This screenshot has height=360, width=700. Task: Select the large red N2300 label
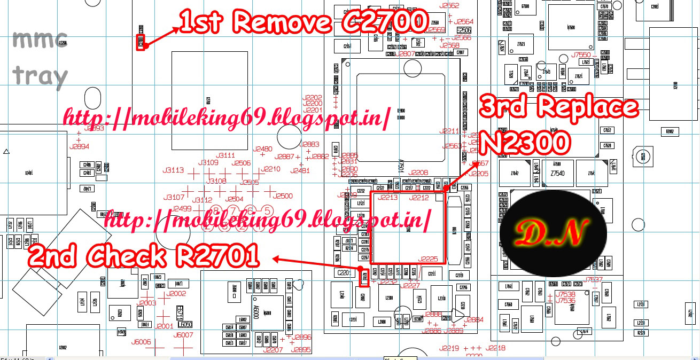(x=524, y=143)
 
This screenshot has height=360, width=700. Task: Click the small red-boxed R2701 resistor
(x=364, y=277)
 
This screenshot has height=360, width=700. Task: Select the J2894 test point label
(x=79, y=146)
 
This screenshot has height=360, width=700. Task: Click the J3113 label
(x=174, y=170)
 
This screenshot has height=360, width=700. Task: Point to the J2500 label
(x=282, y=196)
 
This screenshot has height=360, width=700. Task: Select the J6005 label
(x=142, y=342)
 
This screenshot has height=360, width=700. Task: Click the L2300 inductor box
(x=389, y=298)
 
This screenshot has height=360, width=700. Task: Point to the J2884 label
(x=473, y=319)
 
